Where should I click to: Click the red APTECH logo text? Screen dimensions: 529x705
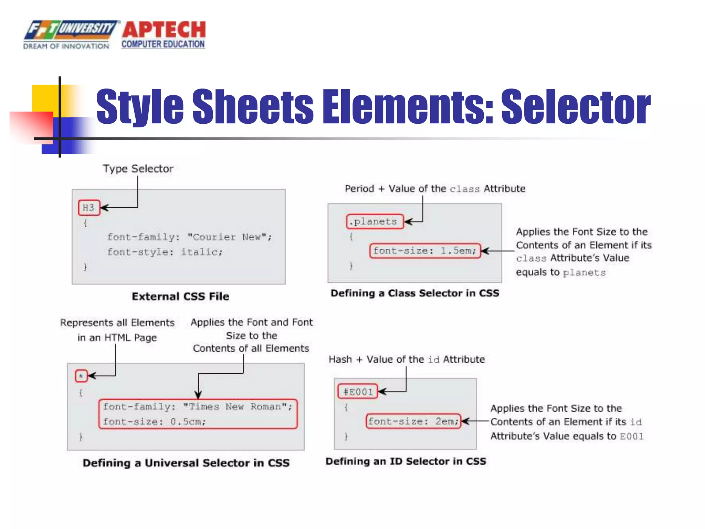[x=164, y=29]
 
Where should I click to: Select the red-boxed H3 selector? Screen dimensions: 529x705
[x=89, y=208]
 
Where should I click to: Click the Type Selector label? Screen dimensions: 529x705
[x=138, y=169]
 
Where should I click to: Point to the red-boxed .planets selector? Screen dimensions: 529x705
[x=375, y=221]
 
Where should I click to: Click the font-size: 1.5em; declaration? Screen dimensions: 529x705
[x=425, y=251]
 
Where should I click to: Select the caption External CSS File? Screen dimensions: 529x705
[x=180, y=297]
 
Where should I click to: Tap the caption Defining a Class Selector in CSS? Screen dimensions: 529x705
[x=415, y=293]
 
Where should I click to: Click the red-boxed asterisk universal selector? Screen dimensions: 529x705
[x=81, y=376]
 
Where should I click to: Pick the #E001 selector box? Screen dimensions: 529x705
[x=358, y=392]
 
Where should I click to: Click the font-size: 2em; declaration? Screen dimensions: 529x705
[x=413, y=421]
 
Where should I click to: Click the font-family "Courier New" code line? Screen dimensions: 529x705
[x=189, y=237]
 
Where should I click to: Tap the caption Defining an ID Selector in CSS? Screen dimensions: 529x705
[x=406, y=461]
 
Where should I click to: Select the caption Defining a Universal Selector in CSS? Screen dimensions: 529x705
[x=186, y=463]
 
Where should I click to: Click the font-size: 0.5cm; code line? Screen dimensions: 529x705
[x=154, y=422]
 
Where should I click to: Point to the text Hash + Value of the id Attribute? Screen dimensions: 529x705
[x=407, y=360]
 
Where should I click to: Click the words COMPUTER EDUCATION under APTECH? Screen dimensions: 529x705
[x=163, y=44]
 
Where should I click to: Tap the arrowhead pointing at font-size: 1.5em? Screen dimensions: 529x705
[x=485, y=251]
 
